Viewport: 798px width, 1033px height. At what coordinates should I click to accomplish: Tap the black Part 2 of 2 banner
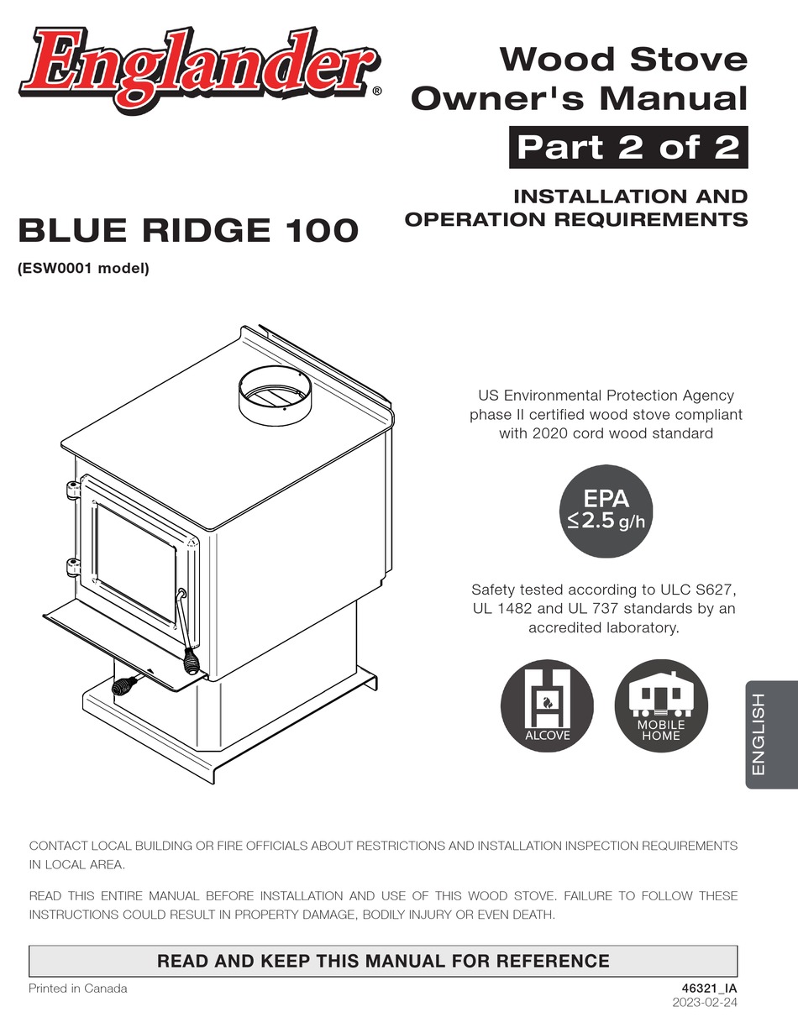coord(627,148)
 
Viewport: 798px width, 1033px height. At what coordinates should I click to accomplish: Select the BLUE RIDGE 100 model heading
coord(188,230)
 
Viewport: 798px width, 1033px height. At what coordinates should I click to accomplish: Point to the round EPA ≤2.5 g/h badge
coord(606,511)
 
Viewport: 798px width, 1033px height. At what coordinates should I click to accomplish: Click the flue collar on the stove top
coord(276,394)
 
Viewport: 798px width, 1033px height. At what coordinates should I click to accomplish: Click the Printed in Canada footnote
coord(78,988)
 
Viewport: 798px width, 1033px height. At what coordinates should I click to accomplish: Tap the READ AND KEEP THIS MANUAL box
coord(383,961)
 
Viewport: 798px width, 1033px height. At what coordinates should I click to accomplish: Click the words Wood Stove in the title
coord(622,60)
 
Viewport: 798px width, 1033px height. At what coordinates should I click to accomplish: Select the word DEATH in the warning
coord(533,914)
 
